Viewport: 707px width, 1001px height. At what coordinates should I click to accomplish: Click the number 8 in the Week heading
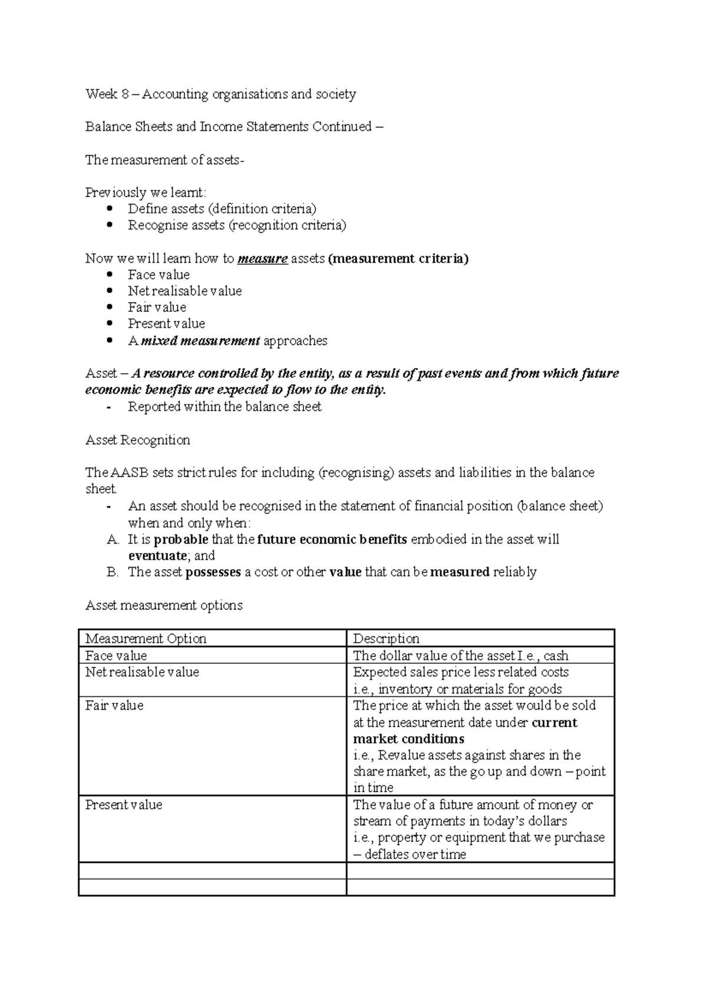[125, 94]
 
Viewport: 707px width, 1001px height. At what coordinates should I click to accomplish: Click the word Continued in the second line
[342, 127]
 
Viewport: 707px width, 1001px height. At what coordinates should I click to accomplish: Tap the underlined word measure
[262, 259]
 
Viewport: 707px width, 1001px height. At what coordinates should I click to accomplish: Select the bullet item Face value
[158, 275]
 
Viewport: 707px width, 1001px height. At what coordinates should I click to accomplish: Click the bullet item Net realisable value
[184, 291]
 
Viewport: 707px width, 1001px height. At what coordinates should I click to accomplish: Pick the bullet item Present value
[166, 324]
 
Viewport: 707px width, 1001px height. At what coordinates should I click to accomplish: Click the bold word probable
[181, 539]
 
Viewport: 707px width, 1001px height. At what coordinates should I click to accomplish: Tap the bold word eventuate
[157, 556]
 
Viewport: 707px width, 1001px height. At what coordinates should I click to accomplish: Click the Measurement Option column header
[146, 639]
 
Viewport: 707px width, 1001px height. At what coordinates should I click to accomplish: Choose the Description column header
[386, 639]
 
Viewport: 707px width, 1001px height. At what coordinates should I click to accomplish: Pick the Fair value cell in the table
[114, 706]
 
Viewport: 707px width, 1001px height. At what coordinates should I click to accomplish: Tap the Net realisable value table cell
[142, 673]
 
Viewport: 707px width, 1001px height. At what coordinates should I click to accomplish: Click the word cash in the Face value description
[556, 656]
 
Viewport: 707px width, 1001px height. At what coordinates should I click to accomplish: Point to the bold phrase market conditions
[408, 739]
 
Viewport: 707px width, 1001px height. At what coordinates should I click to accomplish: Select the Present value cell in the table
[123, 805]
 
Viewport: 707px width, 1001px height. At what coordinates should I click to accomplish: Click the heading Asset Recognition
[137, 440]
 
